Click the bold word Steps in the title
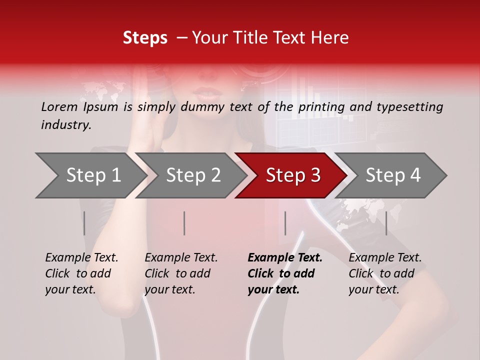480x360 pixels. (x=145, y=38)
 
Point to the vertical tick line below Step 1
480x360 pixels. (x=84, y=223)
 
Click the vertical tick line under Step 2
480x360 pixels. (x=184, y=223)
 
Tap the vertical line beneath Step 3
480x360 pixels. (x=285, y=223)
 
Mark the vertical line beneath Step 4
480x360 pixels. (x=386, y=223)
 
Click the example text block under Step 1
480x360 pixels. (x=81, y=273)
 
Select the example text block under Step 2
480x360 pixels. (x=181, y=273)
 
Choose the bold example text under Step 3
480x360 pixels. (x=285, y=273)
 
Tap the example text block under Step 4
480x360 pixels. (x=385, y=273)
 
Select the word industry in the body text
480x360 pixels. (x=65, y=125)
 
